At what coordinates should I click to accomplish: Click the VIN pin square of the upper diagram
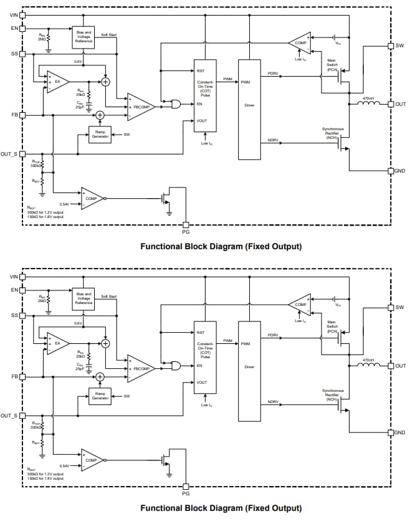click(x=23, y=15)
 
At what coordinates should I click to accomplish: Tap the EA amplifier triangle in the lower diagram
click(x=57, y=343)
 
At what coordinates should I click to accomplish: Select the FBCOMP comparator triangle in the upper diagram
click(x=140, y=107)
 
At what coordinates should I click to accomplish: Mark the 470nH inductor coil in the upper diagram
click(x=368, y=104)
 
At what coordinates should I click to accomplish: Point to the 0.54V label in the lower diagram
click(x=64, y=465)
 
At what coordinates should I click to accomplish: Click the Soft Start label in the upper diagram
click(x=109, y=34)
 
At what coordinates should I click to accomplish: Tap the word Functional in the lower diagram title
click(x=160, y=508)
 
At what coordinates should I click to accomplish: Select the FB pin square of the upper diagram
click(x=23, y=115)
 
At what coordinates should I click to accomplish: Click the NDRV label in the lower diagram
click(x=272, y=402)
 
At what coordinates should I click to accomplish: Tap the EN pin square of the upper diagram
click(x=23, y=28)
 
